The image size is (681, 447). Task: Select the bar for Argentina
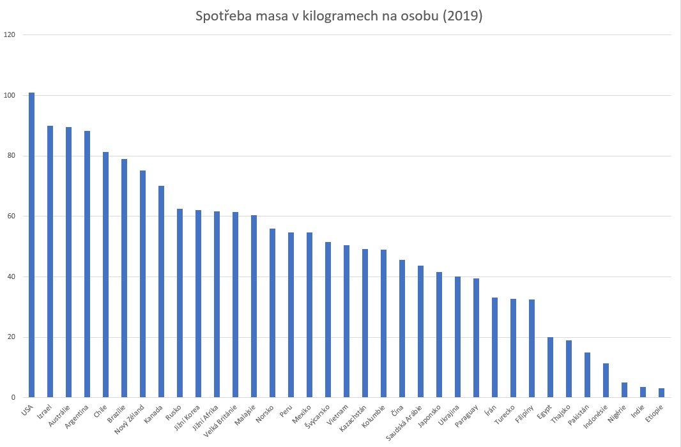(87, 264)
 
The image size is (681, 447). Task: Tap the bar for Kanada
(161, 292)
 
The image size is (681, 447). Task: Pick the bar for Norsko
(272, 313)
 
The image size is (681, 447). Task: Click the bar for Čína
(402, 329)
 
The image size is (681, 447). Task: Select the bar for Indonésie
(606, 381)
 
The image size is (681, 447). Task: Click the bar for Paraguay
(476, 338)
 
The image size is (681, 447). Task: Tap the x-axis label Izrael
(44, 412)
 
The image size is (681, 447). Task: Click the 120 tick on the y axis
(10, 34)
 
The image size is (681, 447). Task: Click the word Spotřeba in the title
(222, 17)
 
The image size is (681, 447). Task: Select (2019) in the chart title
(459, 17)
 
